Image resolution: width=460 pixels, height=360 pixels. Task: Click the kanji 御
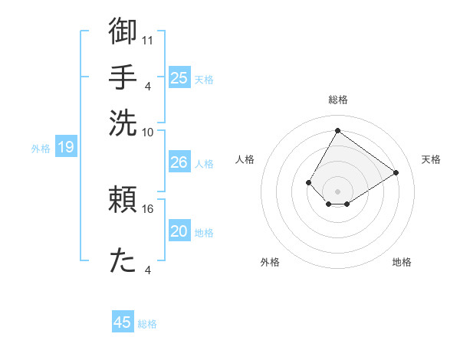(x=123, y=31)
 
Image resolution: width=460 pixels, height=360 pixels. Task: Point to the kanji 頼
(x=123, y=200)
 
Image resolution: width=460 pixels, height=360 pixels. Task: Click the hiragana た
(x=123, y=261)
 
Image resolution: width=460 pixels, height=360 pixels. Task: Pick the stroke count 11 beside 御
(x=148, y=39)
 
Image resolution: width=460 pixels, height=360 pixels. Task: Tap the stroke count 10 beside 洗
(x=148, y=131)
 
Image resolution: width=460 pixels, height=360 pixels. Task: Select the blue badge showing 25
(x=179, y=77)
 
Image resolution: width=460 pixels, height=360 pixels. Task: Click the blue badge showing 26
(x=179, y=162)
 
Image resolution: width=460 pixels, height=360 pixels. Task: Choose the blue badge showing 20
(x=179, y=231)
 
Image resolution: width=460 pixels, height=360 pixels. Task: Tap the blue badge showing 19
(x=66, y=147)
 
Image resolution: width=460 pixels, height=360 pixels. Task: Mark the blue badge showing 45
(x=123, y=322)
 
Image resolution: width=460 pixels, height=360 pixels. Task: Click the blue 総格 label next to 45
(x=148, y=324)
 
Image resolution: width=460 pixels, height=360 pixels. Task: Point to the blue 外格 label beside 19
(x=41, y=148)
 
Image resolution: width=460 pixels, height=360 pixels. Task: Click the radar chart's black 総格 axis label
(x=337, y=100)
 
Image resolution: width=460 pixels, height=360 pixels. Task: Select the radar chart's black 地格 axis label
(x=402, y=263)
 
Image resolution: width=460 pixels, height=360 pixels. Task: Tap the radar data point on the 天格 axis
(x=396, y=172)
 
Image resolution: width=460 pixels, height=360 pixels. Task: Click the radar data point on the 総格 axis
(x=337, y=130)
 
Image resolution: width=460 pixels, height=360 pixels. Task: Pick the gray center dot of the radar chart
(x=337, y=191)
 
